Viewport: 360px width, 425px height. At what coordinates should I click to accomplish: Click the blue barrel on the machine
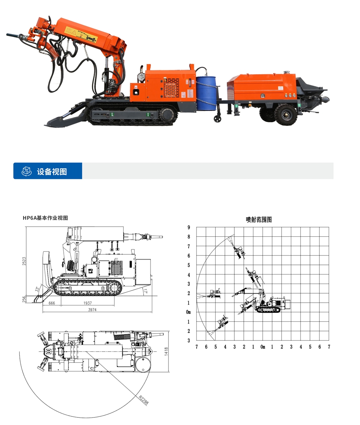click(x=206, y=89)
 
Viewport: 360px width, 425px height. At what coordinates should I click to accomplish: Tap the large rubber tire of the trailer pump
click(x=286, y=114)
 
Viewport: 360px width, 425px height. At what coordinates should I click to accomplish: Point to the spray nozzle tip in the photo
click(x=9, y=35)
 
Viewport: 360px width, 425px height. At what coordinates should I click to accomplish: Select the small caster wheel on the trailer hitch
click(x=217, y=118)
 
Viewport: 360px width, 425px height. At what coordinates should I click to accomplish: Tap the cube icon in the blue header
click(x=27, y=171)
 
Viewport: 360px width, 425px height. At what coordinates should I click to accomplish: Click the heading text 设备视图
click(x=52, y=171)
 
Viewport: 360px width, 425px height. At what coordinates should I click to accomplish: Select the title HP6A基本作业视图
click(x=45, y=218)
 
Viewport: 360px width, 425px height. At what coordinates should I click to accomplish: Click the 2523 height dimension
click(x=24, y=261)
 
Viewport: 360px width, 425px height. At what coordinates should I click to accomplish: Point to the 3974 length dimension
click(x=93, y=309)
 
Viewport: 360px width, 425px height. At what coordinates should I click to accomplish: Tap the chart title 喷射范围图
click(x=258, y=219)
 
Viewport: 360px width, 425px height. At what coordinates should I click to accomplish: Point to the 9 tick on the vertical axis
click(x=188, y=227)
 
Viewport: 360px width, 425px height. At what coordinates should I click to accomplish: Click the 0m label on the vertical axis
click(x=188, y=312)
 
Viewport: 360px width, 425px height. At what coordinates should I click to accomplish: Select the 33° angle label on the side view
click(x=36, y=289)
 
